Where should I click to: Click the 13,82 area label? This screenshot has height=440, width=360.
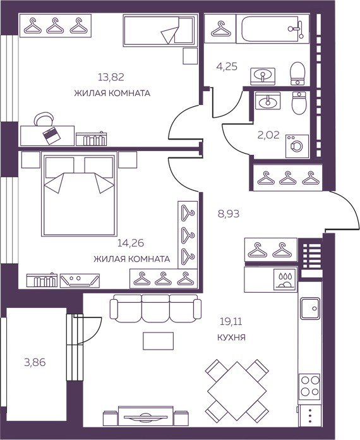111,77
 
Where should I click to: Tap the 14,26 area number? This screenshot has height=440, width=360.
131,243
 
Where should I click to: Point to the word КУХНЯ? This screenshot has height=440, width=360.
231,338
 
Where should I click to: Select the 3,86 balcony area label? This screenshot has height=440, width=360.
35,362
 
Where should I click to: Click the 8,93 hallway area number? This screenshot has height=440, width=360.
229,214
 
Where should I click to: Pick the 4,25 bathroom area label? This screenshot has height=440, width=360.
227,66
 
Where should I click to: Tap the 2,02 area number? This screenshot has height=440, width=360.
268,135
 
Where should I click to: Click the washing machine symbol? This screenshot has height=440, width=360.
297,146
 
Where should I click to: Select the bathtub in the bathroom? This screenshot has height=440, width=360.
272,28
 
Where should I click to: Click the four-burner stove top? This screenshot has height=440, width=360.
309,386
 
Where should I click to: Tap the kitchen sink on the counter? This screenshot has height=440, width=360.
310,309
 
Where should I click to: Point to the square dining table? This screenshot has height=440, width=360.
237,391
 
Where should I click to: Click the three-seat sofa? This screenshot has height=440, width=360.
155,309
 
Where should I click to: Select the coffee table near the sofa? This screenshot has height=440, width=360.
158,341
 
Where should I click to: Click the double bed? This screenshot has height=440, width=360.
80,194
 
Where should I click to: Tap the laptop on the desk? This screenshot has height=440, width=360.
51,136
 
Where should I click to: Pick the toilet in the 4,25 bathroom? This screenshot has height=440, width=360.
297,73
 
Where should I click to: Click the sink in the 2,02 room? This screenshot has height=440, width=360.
268,101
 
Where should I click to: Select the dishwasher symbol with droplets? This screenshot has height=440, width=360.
285,279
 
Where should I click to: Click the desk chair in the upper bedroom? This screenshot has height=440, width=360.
44,119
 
